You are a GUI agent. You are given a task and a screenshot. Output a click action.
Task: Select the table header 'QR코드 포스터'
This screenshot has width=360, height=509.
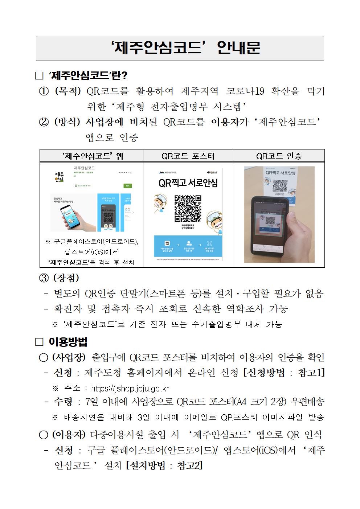(x=188, y=156)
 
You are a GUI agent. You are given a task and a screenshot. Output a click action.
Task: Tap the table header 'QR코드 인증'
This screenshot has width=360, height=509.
(x=279, y=156)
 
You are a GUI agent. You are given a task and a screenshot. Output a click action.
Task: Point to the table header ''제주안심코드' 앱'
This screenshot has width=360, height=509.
(x=93, y=156)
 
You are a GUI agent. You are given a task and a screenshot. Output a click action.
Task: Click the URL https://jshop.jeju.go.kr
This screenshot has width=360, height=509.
(x=130, y=389)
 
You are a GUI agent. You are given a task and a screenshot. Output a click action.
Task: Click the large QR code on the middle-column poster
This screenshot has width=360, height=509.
(x=188, y=208)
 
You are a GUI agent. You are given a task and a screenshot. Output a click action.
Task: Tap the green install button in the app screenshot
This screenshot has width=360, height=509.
(x=127, y=185)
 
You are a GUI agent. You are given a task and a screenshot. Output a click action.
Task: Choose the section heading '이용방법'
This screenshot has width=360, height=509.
(x=67, y=342)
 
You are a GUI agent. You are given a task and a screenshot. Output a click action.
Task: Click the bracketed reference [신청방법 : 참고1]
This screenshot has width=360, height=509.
(x=283, y=373)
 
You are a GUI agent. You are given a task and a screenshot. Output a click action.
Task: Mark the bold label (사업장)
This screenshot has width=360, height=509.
(x=69, y=357)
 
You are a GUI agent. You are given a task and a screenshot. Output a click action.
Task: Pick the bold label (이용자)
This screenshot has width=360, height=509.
(x=69, y=434)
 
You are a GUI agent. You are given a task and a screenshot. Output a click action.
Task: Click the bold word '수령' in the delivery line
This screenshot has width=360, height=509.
(x=63, y=402)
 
